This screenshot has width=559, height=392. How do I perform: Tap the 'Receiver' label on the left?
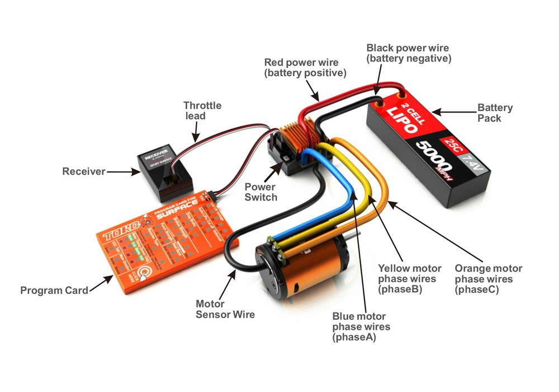pos(83,171)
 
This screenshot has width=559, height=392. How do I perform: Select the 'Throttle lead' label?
pos(202,110)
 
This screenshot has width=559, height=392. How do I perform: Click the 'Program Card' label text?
pos(54,290)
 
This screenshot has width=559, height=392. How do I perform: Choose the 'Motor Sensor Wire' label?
pos(225,309)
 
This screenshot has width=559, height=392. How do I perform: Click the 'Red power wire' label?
pos(305,67)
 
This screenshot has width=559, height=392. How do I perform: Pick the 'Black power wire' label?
pos(408,53)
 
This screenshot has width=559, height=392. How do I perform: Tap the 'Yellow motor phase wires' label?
pos(409,279)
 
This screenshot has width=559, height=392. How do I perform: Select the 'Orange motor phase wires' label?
pos(488,279)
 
